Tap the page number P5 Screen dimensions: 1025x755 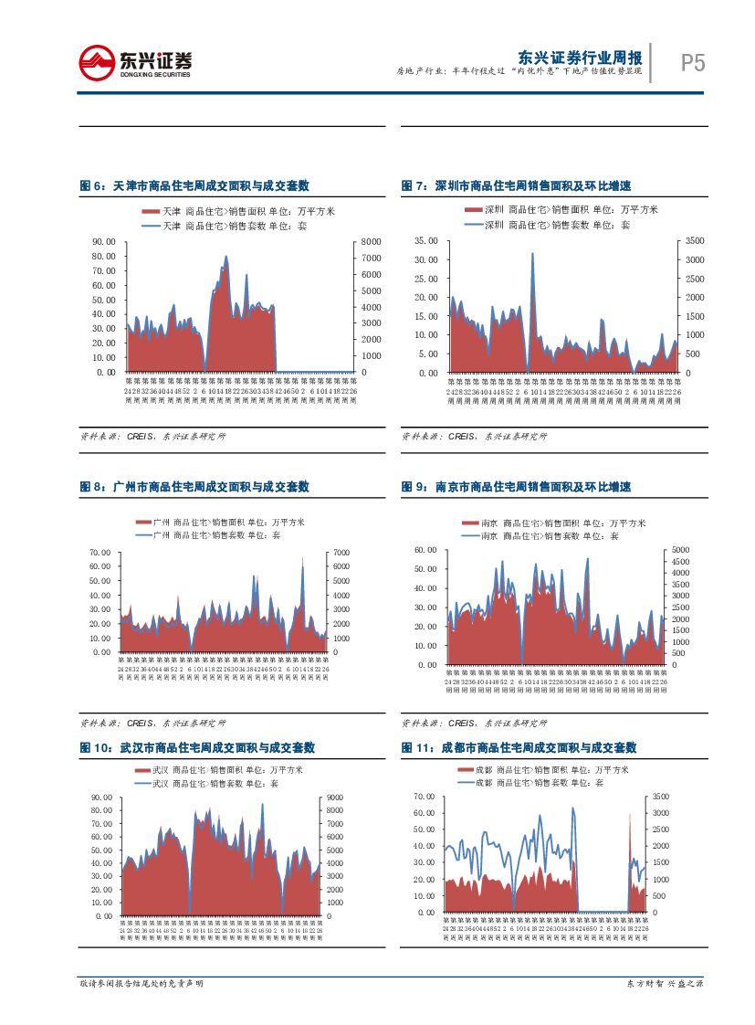coord(693,63)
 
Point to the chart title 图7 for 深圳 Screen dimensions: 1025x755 coord(516,185)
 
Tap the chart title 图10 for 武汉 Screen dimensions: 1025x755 coord(197,746)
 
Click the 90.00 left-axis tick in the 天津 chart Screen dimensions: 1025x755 coord(103,241)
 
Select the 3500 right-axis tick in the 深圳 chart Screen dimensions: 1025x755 coord(694,241)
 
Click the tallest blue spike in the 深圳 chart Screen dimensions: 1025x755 coord(532,255)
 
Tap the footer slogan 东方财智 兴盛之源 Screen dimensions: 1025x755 coord(664,984)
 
